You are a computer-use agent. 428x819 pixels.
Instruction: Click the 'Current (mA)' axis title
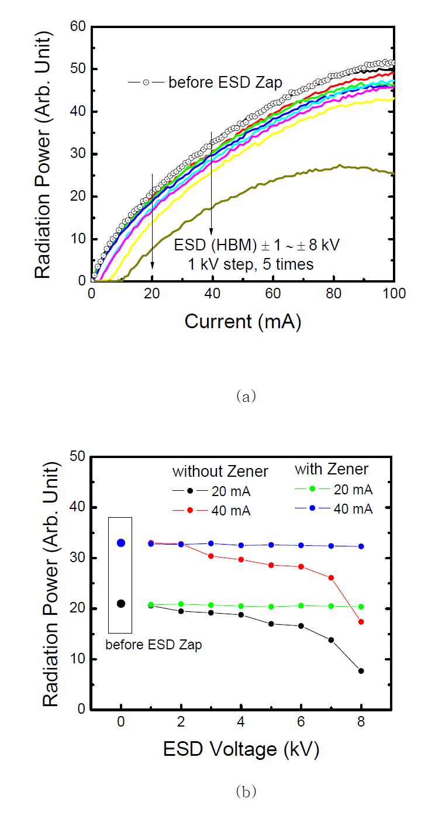[243, 321]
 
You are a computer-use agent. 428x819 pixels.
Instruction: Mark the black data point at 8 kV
[361, 671]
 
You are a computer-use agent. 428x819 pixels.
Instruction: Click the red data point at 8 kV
[361, 622]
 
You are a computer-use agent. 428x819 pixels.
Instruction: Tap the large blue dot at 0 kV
[121, 543]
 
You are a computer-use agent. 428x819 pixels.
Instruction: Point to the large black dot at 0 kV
[121, 604]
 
